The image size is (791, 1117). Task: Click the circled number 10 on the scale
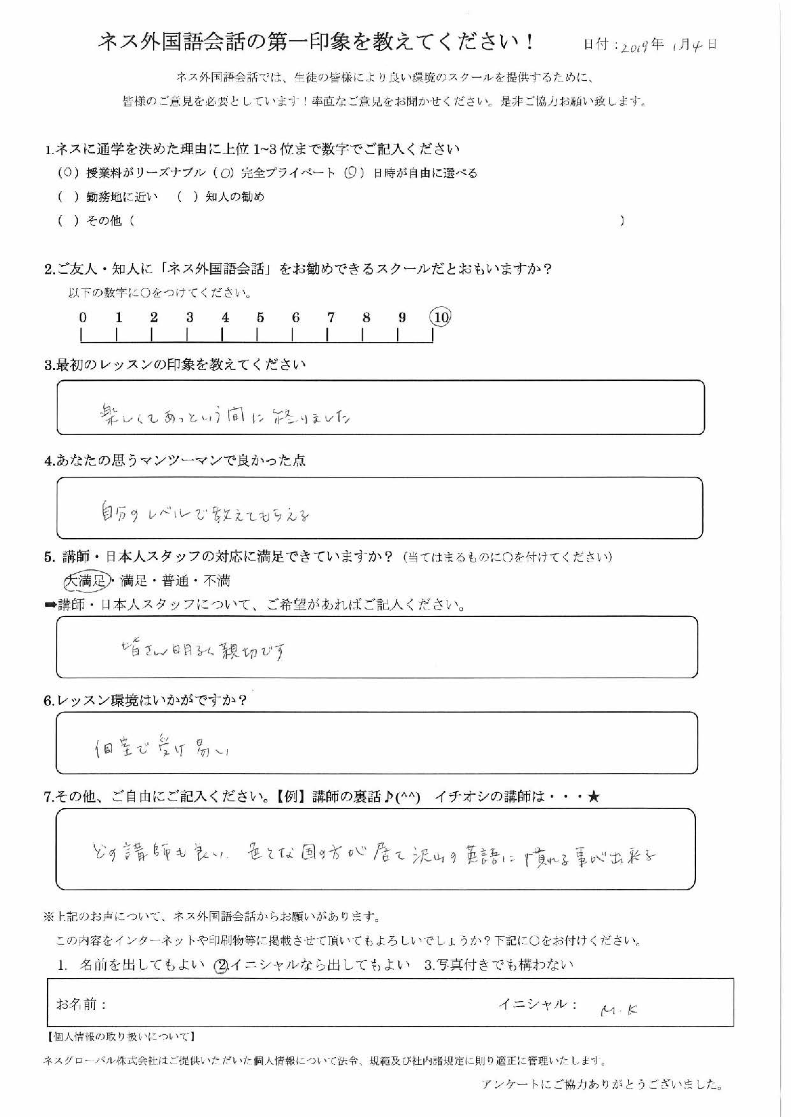440,317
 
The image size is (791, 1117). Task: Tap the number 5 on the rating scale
260,317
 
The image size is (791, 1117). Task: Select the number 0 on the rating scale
83,317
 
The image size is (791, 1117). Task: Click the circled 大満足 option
86,580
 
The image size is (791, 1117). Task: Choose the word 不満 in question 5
216,581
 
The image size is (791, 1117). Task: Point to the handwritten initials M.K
620,1009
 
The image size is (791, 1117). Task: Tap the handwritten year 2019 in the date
634,45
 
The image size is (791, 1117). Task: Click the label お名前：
82,1004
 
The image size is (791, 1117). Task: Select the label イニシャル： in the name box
538,1004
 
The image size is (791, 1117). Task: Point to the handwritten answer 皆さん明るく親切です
203,650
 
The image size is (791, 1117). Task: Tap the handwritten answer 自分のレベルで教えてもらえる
206,513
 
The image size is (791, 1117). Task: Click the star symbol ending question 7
593,797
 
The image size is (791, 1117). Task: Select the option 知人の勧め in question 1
235,197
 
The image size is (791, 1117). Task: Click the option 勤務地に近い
122,197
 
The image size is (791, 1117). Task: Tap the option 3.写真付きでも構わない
498,965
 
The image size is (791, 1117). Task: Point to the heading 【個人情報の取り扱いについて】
122,1037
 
